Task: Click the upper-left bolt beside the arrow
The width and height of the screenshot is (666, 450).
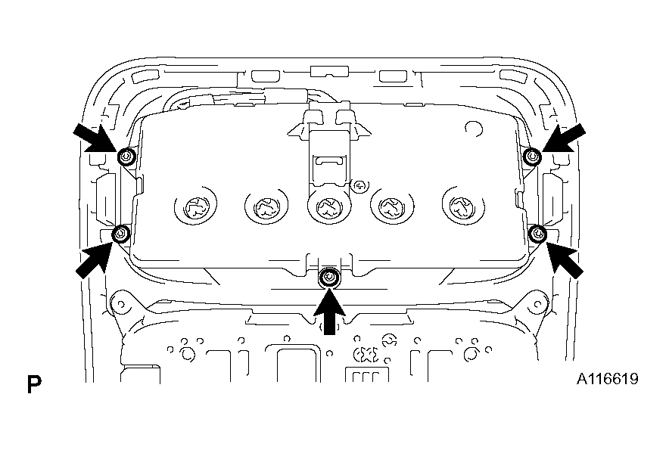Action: coord(126,157)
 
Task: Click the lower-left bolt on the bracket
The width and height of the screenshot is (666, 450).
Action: coord(121,234)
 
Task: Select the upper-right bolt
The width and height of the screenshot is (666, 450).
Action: coord(533,157)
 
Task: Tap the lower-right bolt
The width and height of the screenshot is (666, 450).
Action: coord(538,234)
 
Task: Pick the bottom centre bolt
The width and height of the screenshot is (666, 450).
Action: coord(329,278)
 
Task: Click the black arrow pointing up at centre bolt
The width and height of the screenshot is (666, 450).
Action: coord(329,311)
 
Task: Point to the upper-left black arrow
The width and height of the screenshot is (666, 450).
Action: coord(95,138)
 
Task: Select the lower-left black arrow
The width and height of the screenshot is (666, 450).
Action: coord(95,259)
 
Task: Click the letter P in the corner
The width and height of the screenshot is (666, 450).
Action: coord(34,383)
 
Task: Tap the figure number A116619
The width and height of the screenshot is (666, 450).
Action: coord(608,379)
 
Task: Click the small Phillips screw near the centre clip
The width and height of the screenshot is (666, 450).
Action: coord(360,185)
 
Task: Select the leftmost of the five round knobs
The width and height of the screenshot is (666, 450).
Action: coord(196,207)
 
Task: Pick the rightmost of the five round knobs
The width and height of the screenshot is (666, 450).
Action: coord(463,207)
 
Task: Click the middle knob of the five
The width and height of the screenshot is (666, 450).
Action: coord(328,207)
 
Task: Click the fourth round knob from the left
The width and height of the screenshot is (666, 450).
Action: coord(392,207)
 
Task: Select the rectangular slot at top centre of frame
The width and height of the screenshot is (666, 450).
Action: coord(329,71)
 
